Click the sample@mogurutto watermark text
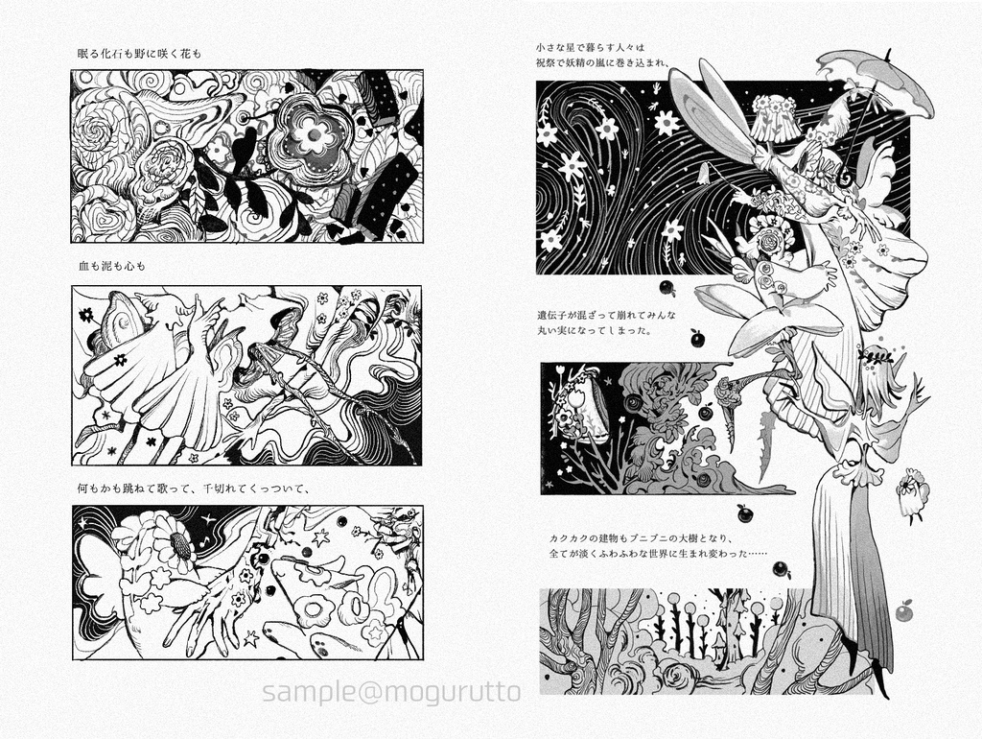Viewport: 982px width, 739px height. pos(391,692)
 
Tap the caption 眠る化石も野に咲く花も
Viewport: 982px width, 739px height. pos(139,54)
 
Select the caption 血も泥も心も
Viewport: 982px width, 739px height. pos(111,266)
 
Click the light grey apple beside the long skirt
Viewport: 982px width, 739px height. pos(903,610)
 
